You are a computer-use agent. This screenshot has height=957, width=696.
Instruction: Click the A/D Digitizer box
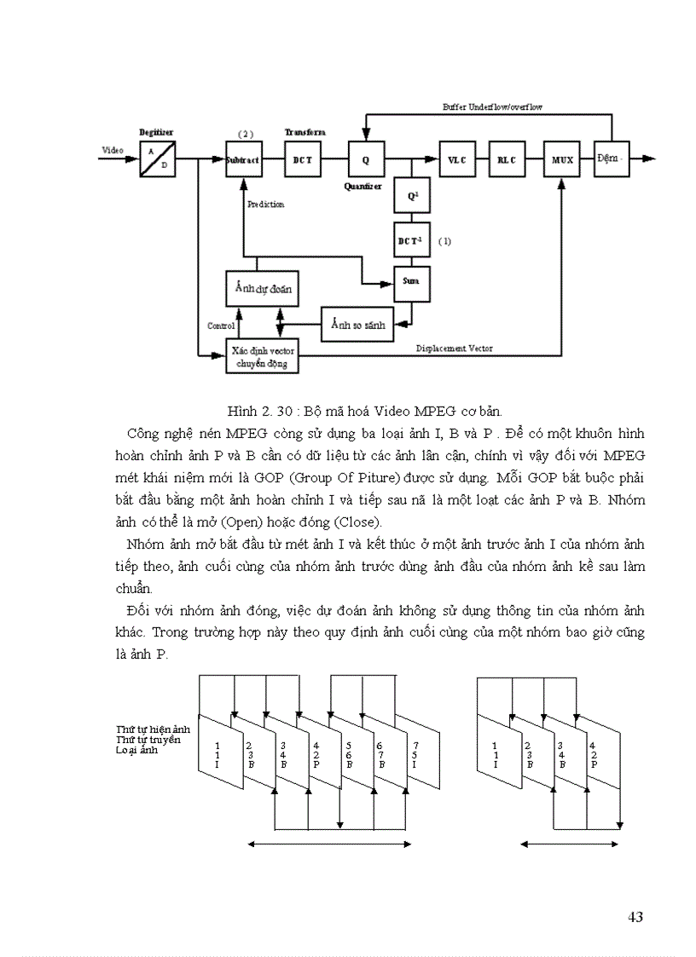[x=158, y=159]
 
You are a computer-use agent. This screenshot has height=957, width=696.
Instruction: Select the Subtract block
[x=242, y=159]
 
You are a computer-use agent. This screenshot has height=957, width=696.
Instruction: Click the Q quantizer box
[x=366, y=159]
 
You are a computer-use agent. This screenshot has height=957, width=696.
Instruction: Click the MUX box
[x=562, y=159]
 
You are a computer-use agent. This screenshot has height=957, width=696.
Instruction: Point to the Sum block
[x=411, y=284]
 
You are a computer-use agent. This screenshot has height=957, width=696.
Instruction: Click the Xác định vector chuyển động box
[x=262, y=356]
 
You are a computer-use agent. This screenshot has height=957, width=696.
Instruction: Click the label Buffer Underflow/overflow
[x=492, y=108]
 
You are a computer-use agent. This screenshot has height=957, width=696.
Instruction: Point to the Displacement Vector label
[x=454, y=349]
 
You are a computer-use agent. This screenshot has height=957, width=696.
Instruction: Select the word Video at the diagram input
[x=113, y=150]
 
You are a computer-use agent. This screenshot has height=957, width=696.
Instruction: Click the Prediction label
[x=265, y=205]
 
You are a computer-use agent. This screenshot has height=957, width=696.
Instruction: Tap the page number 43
[x=635, y=917]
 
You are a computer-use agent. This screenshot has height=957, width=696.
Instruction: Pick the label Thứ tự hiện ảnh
[x=153, y=730]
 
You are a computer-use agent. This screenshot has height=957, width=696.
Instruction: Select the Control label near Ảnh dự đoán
[x=220, y=326]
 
